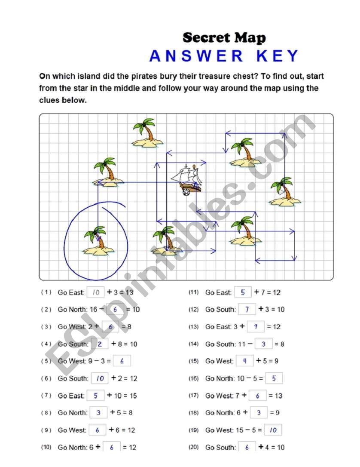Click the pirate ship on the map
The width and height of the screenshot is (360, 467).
click(188, 180)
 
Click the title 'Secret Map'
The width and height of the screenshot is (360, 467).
click(224, 38)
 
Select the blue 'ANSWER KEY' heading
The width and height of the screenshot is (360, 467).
click(224, 56)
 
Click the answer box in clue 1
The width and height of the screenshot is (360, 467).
click(95, 292)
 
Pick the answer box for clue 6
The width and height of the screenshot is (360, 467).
click(100, 378)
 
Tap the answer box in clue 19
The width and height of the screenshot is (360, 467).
click(273, 430)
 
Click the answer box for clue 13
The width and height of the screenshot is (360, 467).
click(256, 327)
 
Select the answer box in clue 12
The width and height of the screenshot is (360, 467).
click(247, 310)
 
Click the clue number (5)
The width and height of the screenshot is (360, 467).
click(46, 361)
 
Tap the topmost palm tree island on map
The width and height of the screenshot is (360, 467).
click(145, 134)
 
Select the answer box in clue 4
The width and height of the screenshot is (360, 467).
click(100, 344)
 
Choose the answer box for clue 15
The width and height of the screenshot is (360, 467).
click(245, 361)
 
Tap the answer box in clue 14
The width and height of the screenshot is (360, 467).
click(263, 344)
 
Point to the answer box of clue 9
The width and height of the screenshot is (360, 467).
click(98, 430)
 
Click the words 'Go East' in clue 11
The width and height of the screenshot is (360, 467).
click(218, 292)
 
